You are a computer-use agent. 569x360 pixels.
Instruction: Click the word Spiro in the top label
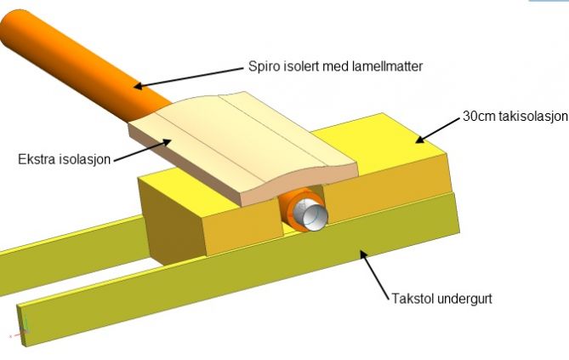tap(263, 66)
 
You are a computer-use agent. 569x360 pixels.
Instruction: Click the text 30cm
tap(475, 117)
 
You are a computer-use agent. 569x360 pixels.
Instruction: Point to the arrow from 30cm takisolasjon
tap(438, 128)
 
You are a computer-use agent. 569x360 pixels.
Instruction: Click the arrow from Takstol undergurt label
tap(374, 271)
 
